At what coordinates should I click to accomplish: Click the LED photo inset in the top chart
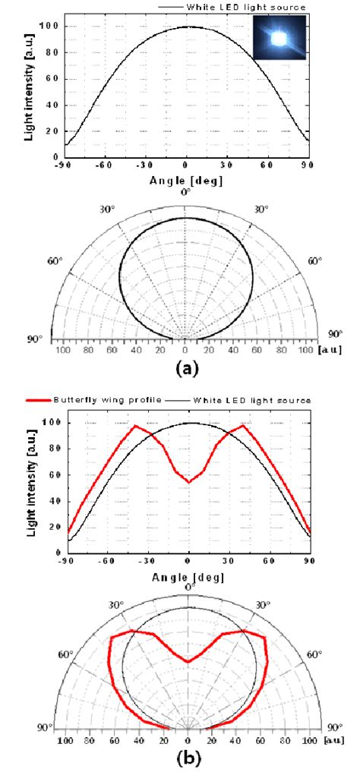279,37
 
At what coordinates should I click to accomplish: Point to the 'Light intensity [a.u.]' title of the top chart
28,82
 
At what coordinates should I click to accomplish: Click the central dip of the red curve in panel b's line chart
189,482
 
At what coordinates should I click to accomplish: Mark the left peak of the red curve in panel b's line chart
136,426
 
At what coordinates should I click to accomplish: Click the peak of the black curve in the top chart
188,27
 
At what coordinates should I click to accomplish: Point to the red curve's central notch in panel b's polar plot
188,662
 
